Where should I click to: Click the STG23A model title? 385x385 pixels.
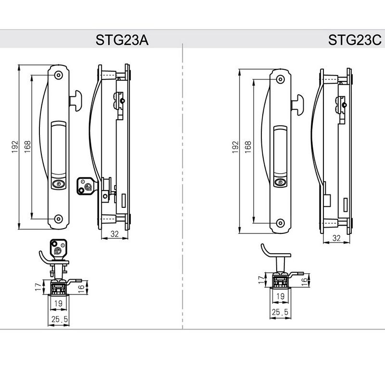122,39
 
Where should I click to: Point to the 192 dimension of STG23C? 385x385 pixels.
235,147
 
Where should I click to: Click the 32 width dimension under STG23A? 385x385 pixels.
115,234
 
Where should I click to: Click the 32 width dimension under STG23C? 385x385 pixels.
336,238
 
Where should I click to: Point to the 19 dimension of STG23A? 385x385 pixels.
57,304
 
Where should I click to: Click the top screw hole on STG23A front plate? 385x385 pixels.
58,75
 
